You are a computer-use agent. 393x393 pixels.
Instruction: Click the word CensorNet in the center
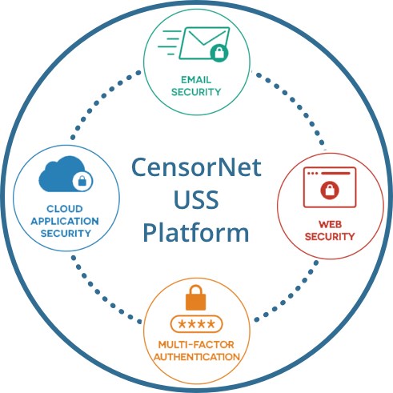click(x=196, y=167)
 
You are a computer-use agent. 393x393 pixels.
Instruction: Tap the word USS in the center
click(x=196, y=199)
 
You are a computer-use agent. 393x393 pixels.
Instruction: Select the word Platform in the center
click(x=196, y=232)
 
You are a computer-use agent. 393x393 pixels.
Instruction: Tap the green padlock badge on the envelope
click(x=219, y=52)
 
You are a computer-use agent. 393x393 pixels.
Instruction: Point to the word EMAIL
click(x=196, y=79)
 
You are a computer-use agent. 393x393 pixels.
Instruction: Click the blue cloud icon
click(x=63, y=174)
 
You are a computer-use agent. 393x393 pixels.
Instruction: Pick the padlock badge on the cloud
click(x=82, y=181)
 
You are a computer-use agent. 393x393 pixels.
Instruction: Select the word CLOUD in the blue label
click(x=65, y=209)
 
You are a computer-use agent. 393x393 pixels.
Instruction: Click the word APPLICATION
click(x=65, y=221)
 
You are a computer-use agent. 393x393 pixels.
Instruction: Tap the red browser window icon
click(x=330, y=187)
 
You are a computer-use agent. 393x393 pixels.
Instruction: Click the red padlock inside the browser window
click(x=330, y=190)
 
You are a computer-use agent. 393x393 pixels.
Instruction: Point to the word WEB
click(x=330, y=224)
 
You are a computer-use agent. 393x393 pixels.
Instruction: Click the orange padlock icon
click(x=195, y=298)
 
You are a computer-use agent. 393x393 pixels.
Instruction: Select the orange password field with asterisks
click(x=196, y=324)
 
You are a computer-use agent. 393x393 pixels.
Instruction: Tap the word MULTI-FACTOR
click(x=196, y=344)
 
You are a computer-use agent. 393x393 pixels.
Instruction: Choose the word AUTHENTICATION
click(x=197, y=357)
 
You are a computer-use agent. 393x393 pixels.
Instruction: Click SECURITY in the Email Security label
click(x=196, y=92)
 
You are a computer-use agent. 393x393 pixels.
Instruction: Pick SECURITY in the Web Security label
click(x=330, y=236)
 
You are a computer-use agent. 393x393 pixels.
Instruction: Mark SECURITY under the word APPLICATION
click(x=66, y=234)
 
